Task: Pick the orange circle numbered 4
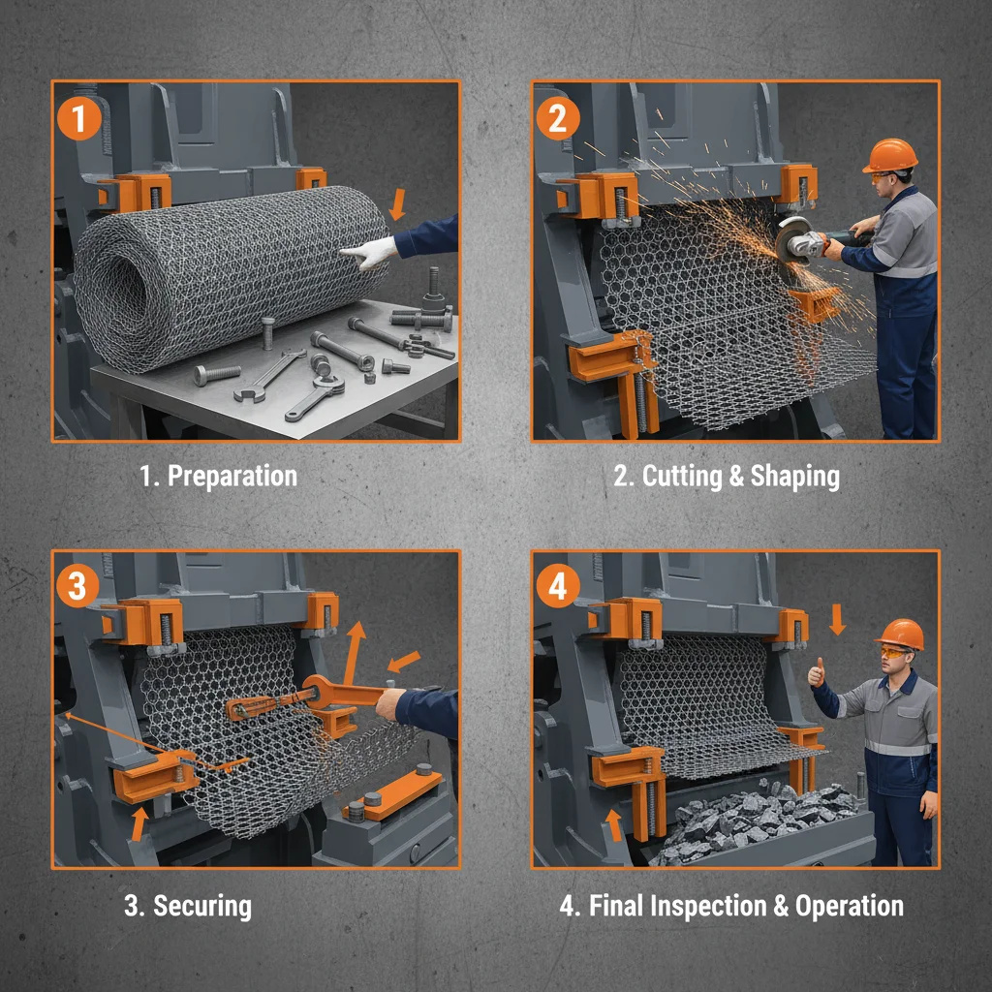tap(558, 587)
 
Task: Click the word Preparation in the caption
tap(232, 477)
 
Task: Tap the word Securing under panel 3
tap(202, 906)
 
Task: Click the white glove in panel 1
tap(369, 254)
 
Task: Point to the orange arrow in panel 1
tap(395, 205)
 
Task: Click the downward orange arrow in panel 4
tap(838, 618)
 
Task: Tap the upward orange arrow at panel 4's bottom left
tap(612, 825)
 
